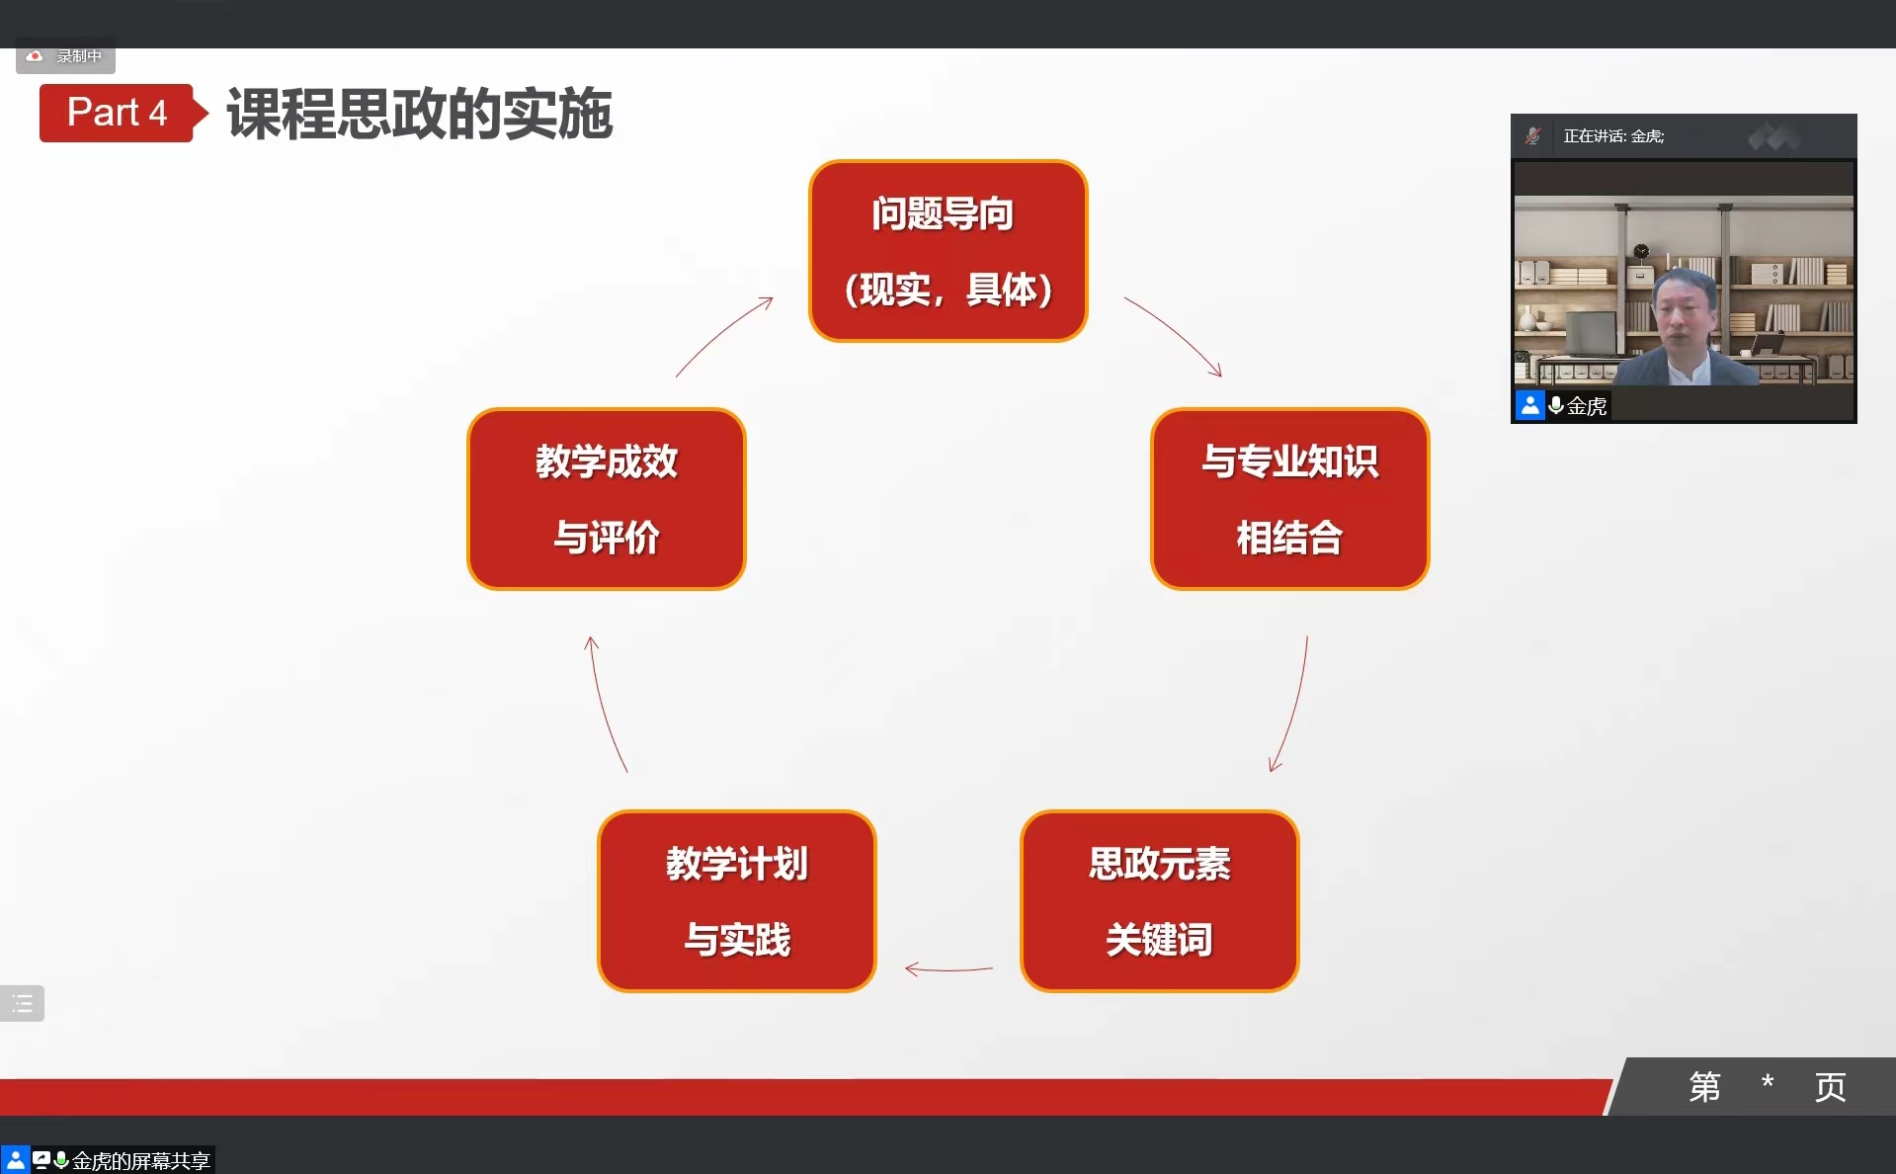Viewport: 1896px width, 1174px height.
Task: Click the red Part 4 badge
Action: click(117, 113)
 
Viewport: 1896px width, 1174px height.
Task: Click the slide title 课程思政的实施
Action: click(420, 114)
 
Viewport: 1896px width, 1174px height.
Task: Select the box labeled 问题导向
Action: click(948, 251)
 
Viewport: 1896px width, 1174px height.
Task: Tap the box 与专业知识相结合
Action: click(1290, 499)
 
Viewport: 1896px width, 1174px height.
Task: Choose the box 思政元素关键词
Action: click(1160, 901)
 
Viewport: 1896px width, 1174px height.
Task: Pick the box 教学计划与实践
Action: click(737, 901)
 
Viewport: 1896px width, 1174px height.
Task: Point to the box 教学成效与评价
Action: click(607, 499)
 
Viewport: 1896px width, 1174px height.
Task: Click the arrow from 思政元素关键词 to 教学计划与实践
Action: click(948, 969)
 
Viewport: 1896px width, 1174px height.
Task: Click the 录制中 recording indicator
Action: click(65, 56)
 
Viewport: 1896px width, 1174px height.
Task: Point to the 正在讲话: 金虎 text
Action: click(1613, 136)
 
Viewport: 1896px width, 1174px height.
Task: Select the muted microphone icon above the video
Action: click(1532, 136)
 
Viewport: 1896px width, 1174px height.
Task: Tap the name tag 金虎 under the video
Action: click(1587, 405)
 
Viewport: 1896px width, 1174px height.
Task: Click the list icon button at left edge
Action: click(22, 1004)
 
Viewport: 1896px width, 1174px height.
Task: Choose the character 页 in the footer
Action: click(1830, 1087)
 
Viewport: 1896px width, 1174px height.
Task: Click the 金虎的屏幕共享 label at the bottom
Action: click(140, 1160)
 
